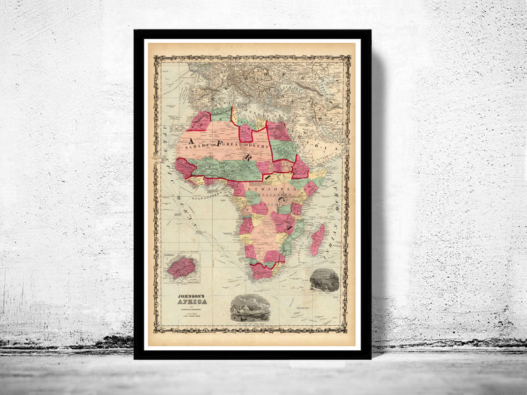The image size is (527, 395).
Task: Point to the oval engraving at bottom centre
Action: [251, 307]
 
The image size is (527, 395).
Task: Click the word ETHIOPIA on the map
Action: [269, 186]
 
